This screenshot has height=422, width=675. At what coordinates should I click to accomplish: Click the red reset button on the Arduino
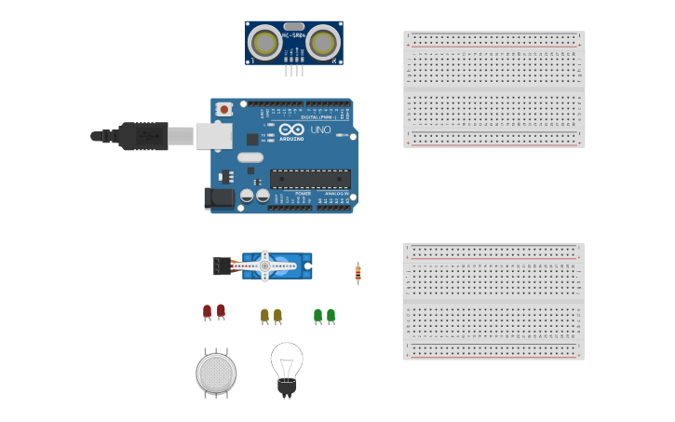223,109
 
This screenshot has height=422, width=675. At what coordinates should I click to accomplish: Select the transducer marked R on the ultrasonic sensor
322,43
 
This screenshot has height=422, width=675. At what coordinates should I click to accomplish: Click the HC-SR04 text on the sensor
294,35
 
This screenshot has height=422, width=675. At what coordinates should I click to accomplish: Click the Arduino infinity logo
291,129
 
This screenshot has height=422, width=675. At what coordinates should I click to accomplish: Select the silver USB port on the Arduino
214,136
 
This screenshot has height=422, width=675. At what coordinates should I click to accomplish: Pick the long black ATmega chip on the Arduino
310,179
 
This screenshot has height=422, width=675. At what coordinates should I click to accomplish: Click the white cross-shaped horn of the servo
265,265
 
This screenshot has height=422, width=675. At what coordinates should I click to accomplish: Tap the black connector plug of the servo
222,266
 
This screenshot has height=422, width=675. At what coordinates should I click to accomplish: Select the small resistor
358,273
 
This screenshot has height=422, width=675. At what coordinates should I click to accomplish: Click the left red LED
207,311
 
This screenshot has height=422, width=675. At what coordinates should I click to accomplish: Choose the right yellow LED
277,316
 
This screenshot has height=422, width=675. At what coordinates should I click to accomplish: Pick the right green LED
331,316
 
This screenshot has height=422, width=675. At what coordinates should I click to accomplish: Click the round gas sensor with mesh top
216,373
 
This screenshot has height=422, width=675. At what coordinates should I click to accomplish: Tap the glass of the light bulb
286,359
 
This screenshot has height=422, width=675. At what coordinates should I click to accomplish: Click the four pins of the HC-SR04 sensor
294,70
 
